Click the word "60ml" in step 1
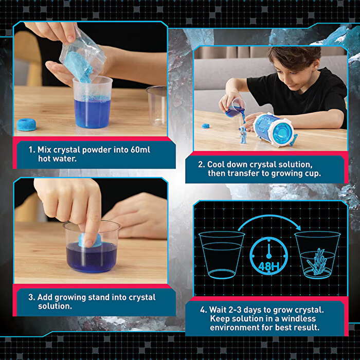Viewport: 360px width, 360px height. tap(140, 150)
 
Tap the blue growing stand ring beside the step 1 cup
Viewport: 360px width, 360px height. tap(26, 124)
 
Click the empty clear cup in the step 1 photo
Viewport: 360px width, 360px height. tap(156, 106)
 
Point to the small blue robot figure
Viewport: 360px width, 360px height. tap(243, 135)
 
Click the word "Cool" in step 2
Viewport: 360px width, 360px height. tap(216, 165)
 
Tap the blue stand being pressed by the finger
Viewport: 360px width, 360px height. tap(90, 240)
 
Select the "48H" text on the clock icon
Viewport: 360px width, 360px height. tap(268, 266)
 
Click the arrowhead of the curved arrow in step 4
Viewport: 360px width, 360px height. tap(298, 227)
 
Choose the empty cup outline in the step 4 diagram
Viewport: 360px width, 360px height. tap(222, 255)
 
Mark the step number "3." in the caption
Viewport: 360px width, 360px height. tap(32, 297)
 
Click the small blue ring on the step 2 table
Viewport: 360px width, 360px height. tap(206, 126)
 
